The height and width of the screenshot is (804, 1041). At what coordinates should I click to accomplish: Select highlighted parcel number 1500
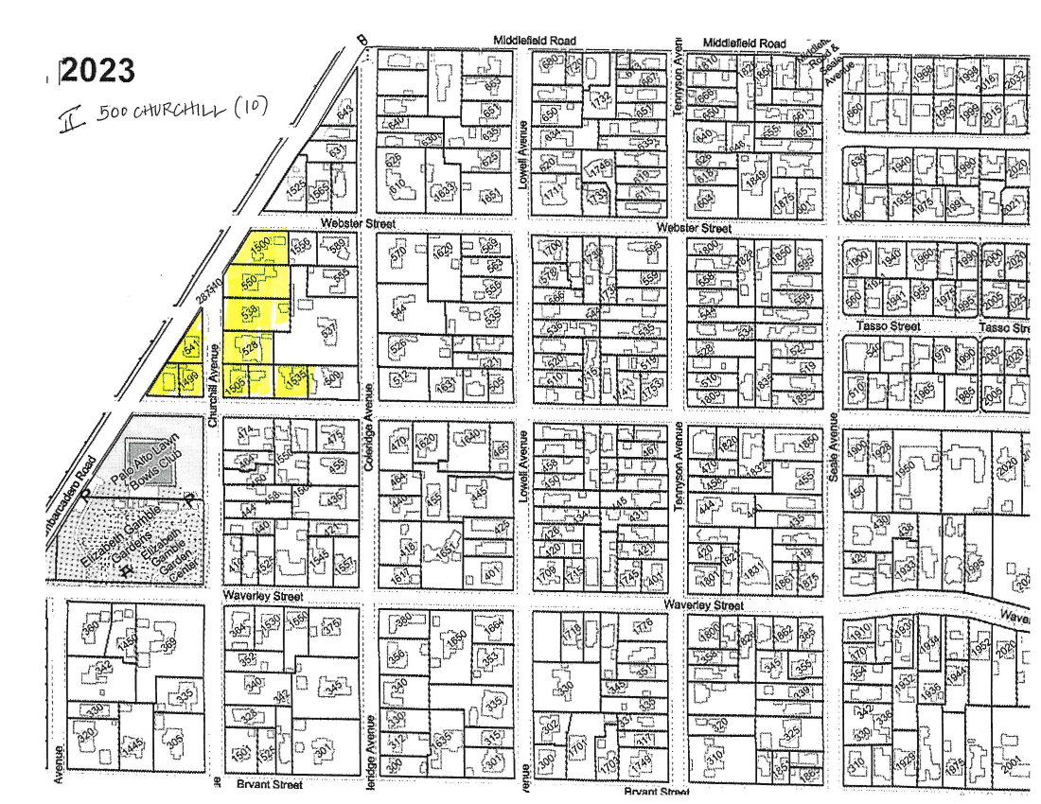click(x=259, y=245)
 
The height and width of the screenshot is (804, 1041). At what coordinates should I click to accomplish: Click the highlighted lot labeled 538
click(x=250, y=310)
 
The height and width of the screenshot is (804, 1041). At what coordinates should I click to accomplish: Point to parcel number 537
click(x=328, y=331)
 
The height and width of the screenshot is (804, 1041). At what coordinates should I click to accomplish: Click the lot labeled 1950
click(x=906, y=468)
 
